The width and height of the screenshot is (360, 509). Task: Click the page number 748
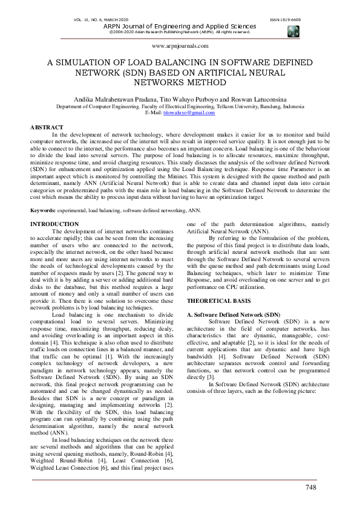[x=311, y=487]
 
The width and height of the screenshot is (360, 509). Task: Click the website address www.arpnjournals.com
[x=180, y=45]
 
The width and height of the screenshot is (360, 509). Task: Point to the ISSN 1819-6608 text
[x=287, y=20]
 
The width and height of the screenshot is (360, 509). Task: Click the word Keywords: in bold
[x=44, y=210]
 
